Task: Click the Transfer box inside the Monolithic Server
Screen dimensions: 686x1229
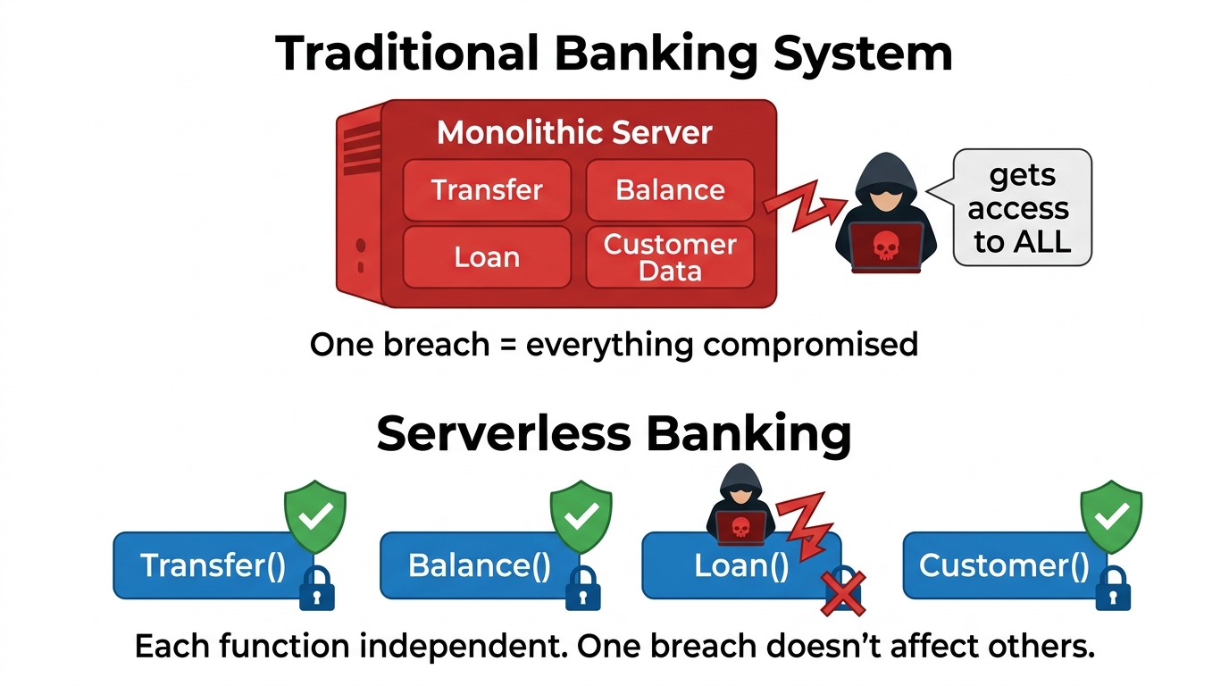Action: click(x=487, y=190)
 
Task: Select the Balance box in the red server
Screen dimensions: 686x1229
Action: click(x=670, y=190)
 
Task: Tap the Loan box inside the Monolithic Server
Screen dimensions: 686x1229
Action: click(x=487, y=257)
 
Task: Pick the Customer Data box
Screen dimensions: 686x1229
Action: click(x=670, y=257)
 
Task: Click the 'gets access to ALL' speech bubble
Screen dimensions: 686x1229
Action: click(x=1022, y=208)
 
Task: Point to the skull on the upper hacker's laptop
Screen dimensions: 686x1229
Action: click(x=884, y=245)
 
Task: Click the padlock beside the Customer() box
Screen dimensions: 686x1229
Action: click(x=1113, y=589)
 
